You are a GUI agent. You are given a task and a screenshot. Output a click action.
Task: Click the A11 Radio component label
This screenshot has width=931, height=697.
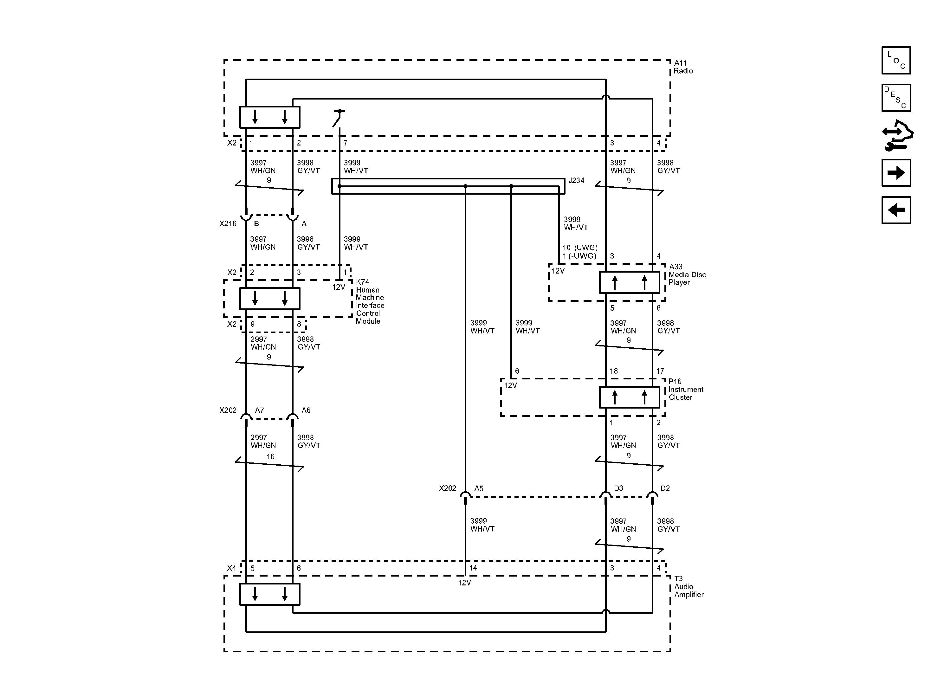(683, 67)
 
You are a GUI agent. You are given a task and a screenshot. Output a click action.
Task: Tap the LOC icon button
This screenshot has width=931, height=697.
(896, 61)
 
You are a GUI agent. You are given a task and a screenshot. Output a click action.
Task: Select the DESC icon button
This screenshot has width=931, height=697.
(896, 98)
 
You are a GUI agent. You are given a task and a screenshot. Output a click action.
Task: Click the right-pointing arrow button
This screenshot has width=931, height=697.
(896, 172)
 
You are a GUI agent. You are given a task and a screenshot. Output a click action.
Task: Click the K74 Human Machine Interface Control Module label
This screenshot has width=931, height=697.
(370, 301)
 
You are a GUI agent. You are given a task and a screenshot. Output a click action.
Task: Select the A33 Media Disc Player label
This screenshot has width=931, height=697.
(687, 274)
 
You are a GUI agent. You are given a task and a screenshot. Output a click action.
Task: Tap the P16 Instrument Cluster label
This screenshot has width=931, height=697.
(685, 389)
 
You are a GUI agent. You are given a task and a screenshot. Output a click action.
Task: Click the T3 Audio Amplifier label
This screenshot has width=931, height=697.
(688, 586)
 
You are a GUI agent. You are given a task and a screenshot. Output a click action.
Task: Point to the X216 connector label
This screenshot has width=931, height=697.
(228, 223)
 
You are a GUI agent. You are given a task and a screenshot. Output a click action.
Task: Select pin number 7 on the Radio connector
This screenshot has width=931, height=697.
(345, 143)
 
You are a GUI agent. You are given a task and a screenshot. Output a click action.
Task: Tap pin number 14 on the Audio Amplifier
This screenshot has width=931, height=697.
(473, 568)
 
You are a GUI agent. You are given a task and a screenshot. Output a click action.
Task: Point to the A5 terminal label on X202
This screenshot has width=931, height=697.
(479, 488)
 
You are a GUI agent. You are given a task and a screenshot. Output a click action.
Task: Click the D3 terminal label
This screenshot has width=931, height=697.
(618, 488)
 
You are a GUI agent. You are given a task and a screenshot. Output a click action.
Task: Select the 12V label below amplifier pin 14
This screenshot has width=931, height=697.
(464, 583)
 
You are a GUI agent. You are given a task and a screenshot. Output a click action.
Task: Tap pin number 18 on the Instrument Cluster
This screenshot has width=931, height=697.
(613, 371)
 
